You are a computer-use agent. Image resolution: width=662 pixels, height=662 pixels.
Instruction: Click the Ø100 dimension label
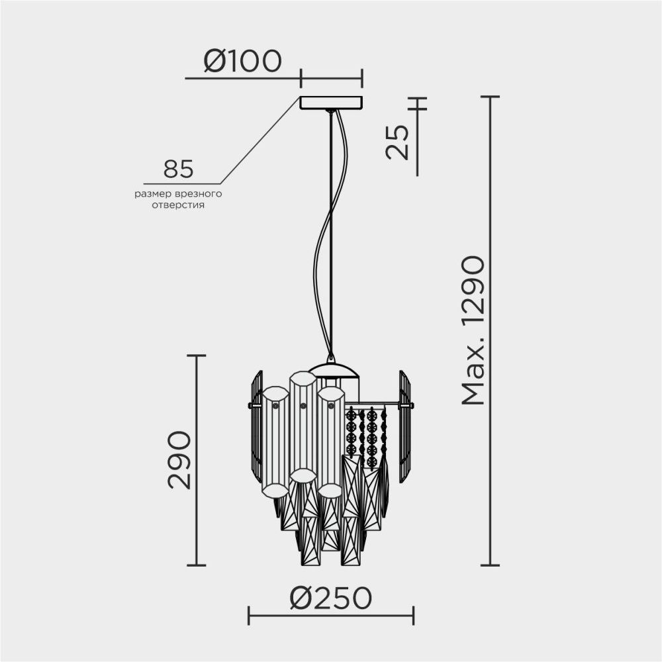(x=242, y=61)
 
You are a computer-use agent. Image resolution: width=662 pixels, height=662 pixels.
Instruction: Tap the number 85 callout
(x=179, y=169)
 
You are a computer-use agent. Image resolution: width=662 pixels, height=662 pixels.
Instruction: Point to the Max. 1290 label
(x=474, y=331)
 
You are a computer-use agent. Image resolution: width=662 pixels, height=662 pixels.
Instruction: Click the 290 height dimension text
(x=179, y=459)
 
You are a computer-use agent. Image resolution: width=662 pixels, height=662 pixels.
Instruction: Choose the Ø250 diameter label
(x=330, y=598)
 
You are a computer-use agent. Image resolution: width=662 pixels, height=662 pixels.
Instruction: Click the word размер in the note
(x=151, y=195)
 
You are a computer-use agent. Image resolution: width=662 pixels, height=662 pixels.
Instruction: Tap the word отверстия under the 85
(x=178, y=206)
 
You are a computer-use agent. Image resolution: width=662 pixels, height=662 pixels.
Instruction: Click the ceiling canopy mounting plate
(x=331, y=103)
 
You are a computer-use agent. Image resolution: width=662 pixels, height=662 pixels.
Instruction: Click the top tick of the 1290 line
(x=489, y=97)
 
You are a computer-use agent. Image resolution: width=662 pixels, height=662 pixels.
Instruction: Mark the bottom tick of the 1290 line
(x=489, y=565)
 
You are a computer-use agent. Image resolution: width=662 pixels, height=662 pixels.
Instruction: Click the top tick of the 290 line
(x=196, y=355)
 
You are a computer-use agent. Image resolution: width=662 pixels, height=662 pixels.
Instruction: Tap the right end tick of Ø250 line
(x=413, y=615)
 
